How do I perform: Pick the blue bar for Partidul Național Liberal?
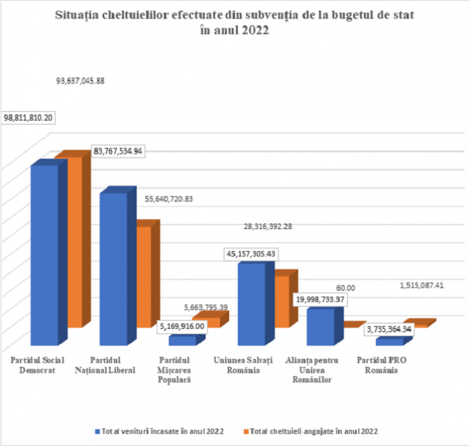[114, 269]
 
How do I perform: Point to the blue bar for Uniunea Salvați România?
[251, 303]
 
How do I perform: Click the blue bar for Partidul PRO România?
[389, 342]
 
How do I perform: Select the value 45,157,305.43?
[251, 254]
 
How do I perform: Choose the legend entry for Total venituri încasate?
[162, 430]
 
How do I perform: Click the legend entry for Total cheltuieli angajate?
[314, 430]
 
